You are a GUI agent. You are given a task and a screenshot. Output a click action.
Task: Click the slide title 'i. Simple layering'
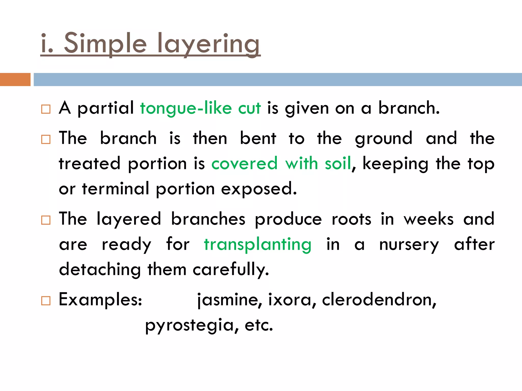tap(150, 44)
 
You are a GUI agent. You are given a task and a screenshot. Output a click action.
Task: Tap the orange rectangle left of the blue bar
tap(15, 79)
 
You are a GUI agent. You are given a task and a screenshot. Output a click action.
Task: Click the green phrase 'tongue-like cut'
tap(200, 108)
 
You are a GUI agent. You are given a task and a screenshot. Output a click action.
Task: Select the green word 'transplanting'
tap(258, 244)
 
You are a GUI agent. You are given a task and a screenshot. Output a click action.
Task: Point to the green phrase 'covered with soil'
tap(281, 163)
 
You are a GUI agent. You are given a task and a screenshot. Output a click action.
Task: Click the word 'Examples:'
tap(100, 300)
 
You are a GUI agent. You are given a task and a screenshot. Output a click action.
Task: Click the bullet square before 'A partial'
tap(46, 109)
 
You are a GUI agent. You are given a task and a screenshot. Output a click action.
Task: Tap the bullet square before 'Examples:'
tap(46, 301)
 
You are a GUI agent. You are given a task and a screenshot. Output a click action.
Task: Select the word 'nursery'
tap(409, 245)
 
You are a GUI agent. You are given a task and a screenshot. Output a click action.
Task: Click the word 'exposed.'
tap(259, 189)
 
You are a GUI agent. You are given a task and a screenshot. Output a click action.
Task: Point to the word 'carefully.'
tap(231, 269)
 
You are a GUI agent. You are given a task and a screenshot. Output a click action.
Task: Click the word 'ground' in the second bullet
tap(384, 139)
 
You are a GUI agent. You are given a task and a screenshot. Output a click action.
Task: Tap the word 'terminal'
tap(116, 189)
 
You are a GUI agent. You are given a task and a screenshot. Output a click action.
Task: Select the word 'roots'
tap(351, 219)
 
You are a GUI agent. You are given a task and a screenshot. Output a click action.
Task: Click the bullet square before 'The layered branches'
tap(46, 220)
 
